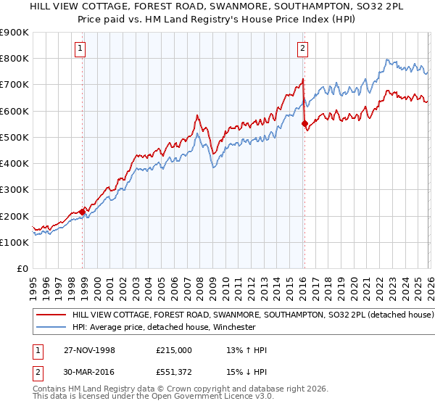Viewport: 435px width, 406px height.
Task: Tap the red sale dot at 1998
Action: pos(83,212)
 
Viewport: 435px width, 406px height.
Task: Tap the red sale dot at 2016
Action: pos(304,123)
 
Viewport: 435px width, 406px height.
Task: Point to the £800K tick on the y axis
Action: pos(14,59)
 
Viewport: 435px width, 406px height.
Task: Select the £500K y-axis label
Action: pos(14,137)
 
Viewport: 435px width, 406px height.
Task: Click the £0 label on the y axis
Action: pos(22,269)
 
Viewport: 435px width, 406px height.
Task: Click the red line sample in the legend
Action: pos(51,315)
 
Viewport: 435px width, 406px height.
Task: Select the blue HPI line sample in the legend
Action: pos(51,327)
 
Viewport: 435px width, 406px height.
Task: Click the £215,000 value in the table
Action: pos(174,350)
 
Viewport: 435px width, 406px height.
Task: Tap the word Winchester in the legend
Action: pos(233,327)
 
